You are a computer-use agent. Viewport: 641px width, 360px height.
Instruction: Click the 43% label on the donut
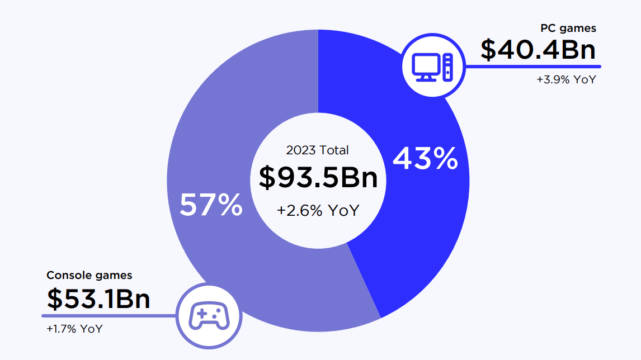click(x=425, y=159)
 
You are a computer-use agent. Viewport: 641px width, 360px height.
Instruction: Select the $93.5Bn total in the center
click(x=318, y=178)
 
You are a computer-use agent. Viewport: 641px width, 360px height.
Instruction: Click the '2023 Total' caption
click(x=317, y=150)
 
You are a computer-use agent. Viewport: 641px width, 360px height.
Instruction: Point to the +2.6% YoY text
click(x=318, y=211)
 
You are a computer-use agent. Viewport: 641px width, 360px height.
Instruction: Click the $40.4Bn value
click(x=538, y=50)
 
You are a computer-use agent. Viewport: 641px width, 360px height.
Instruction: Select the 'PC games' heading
click(x=568, y=28)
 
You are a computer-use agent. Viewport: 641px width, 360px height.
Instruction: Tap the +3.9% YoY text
click(x=566, y=79)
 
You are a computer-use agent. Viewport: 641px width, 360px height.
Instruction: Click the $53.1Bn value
click(x=98, y=299)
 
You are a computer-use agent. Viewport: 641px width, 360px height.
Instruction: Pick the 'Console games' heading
click(x=89, y=275)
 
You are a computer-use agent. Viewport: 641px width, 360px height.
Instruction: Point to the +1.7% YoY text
click(x=74, y=329)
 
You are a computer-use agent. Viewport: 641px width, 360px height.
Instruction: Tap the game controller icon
click(x=209, y=315)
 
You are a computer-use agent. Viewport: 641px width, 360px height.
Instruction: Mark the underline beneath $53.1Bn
click(x=112, y=315)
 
